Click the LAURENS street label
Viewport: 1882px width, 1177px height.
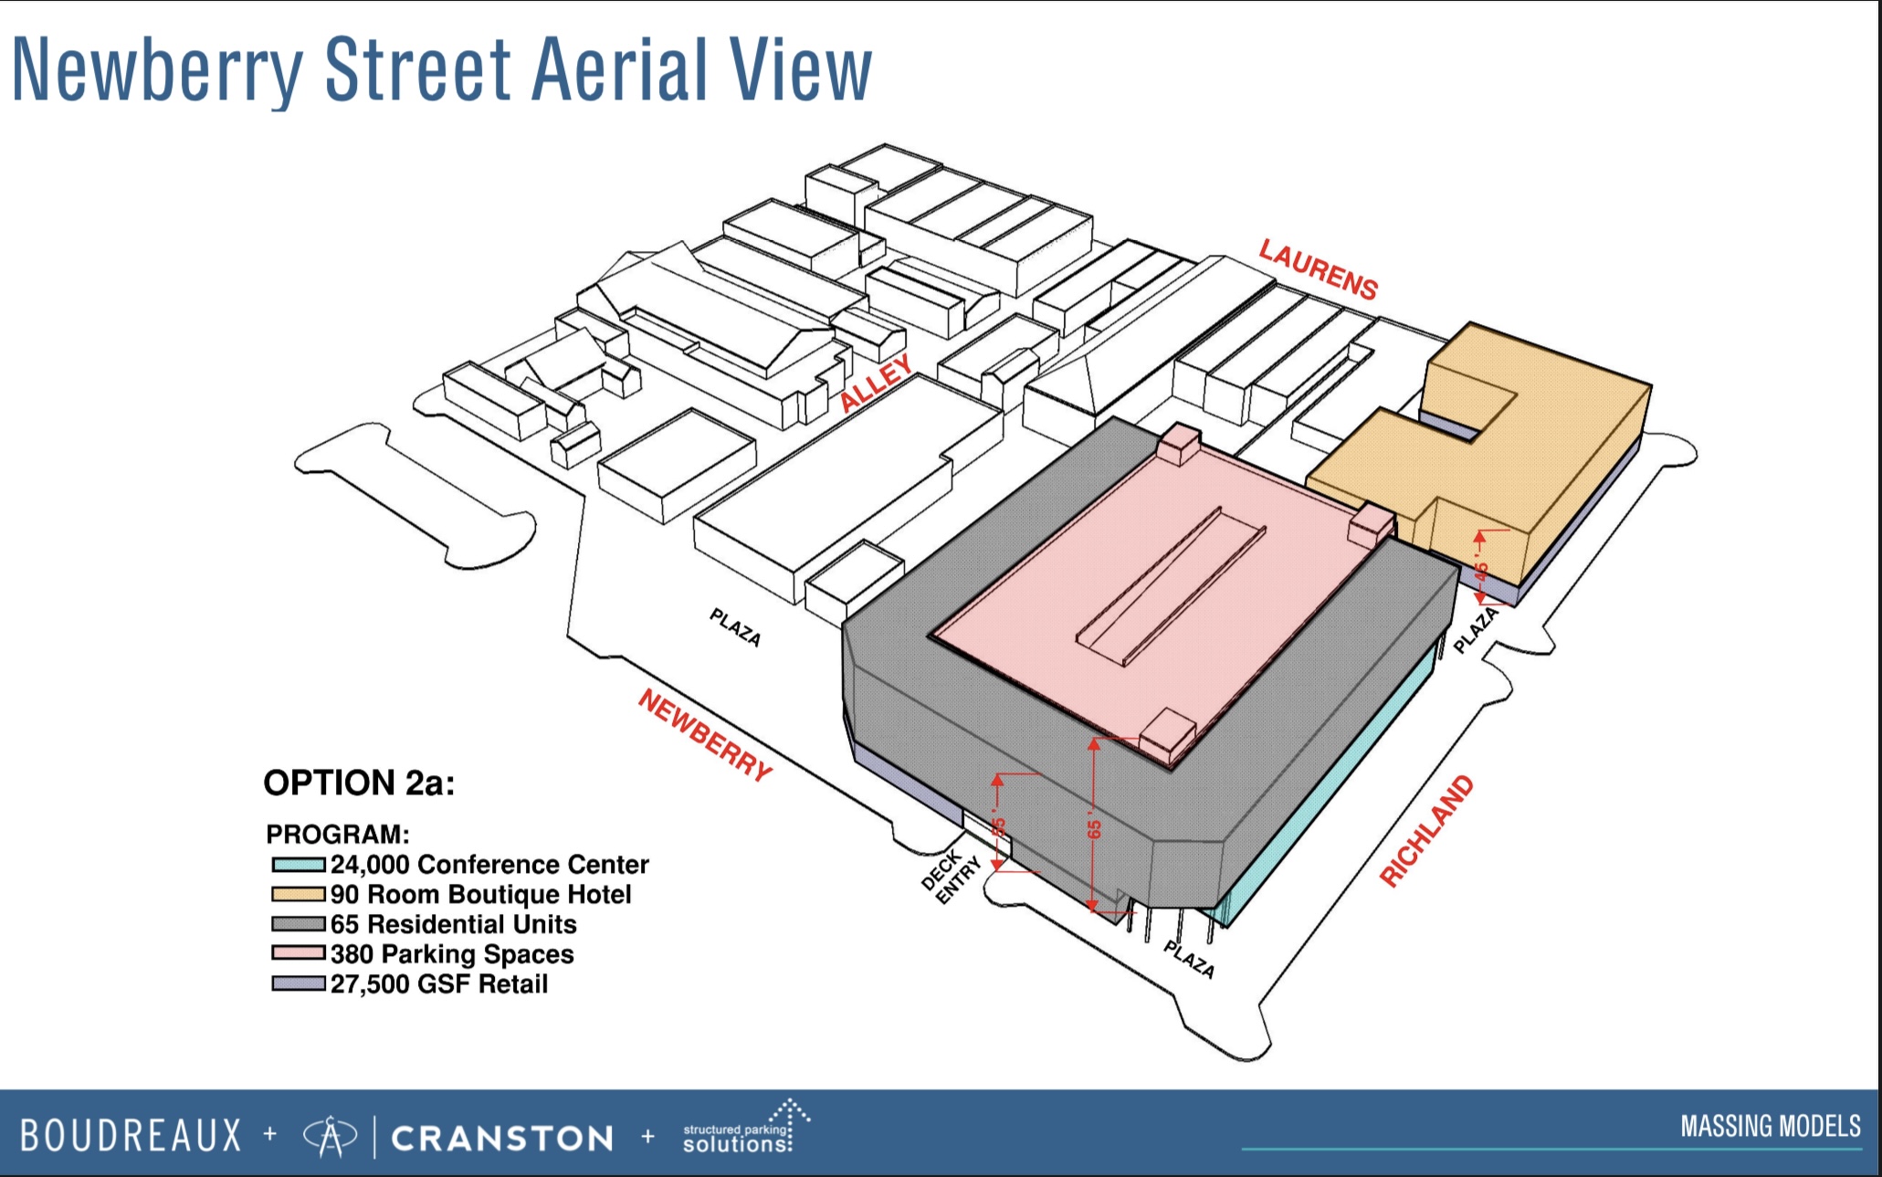point(1318,269)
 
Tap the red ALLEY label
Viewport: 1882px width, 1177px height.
point(876,383)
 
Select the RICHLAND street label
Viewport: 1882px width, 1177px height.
point(1426,831)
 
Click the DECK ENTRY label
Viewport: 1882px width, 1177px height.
point(952,877)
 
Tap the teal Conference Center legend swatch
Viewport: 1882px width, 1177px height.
point(299,864)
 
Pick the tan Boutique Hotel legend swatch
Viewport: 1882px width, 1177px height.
point(299,894)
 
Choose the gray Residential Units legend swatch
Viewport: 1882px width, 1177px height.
point(299,924)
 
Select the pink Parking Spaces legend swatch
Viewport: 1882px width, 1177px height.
point(299,953)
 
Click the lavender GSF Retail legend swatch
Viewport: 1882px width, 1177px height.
point(299,983)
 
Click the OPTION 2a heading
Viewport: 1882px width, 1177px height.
point(359,783)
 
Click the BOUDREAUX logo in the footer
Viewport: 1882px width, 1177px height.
point(131,1135)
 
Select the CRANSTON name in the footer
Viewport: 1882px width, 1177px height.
point(502,1139)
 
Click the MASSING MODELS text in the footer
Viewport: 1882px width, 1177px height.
point(1771,1126)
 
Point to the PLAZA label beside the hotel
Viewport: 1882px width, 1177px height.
point(1476,630)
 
